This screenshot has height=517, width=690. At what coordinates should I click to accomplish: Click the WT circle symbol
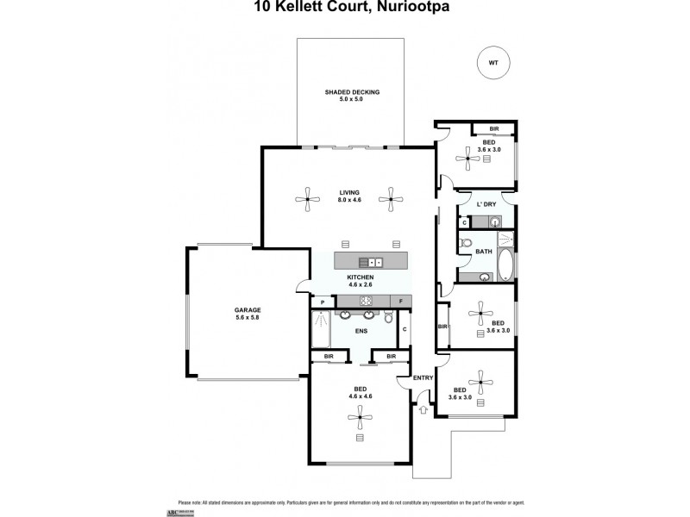pos(493,62)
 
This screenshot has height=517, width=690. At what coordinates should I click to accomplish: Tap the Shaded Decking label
pos(352,95)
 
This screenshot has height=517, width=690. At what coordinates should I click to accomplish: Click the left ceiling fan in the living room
pos(306,201)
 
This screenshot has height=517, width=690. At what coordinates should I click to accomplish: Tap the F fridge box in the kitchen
pos(401,301)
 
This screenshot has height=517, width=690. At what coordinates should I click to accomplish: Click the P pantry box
pos(323,302)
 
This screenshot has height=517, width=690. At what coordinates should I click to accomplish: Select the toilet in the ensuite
pos(389,317)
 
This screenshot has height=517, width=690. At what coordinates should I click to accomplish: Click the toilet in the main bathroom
pos(467,244)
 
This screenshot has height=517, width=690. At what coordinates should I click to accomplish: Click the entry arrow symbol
pos(422,410)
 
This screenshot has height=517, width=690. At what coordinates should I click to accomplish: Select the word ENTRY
pos(423,378)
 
